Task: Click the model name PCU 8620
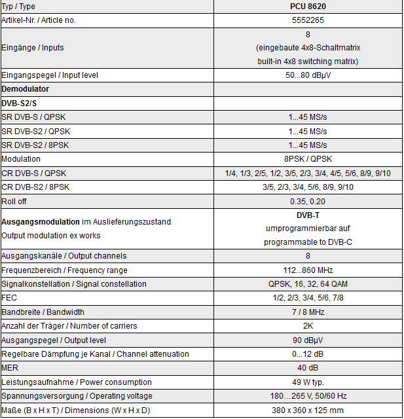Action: click(308, 7)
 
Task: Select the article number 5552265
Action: click(308, 21)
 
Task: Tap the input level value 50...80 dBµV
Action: click(308, 75)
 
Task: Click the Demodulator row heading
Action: click(26, 88)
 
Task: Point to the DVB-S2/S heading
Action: click(19, 103)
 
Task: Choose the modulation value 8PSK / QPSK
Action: click(308, 159)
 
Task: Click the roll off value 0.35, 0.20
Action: click(308, 202)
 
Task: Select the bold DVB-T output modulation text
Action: click(308, 215)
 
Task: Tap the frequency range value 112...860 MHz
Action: click(308, 270)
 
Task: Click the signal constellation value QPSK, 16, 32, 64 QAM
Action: click(308, 284)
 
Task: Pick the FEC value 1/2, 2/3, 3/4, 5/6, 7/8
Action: click(308, 298)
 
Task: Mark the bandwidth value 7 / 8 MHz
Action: click(308, 312)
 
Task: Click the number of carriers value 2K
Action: click(308, 326)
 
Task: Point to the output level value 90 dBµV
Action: click(308, 340)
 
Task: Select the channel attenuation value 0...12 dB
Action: click(308, 354)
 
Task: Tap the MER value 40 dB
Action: click(308, 368)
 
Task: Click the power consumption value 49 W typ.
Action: click(308, 382)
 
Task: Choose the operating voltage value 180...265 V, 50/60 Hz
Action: click(308, 396)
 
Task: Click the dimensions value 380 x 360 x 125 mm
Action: click(308, 410)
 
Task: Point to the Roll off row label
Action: click(14, 202)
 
